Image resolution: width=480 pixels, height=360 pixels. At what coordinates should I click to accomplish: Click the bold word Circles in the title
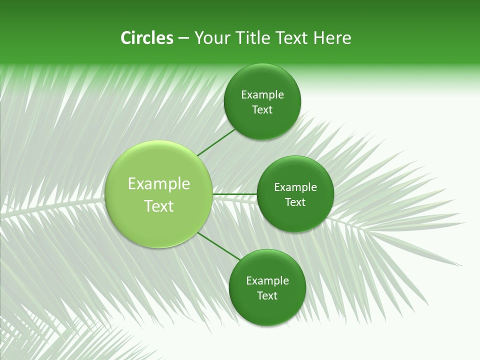146,38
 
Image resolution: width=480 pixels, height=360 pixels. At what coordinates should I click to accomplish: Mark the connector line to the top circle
216,142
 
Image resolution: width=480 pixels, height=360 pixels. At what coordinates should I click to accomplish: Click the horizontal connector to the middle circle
234,194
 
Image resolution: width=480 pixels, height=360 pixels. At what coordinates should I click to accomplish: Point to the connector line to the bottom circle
218,246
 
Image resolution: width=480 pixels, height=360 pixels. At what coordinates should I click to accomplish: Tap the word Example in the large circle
159,183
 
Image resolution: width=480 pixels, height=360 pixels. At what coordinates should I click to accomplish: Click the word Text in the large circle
159,206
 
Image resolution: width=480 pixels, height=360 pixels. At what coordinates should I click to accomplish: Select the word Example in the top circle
262,95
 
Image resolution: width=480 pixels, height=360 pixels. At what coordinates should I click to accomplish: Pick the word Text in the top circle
262,110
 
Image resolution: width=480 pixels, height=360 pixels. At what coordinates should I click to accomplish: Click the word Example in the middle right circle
295,187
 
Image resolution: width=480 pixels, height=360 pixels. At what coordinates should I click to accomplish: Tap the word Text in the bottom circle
267,295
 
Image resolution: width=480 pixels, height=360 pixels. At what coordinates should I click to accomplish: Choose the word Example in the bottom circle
267,280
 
